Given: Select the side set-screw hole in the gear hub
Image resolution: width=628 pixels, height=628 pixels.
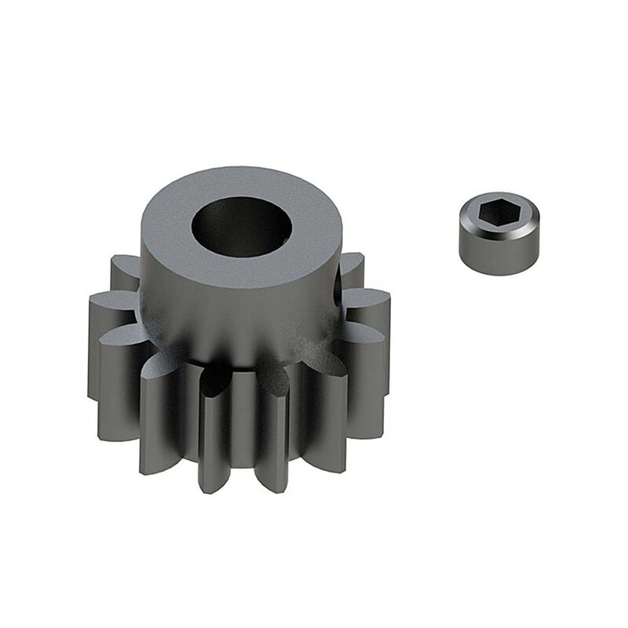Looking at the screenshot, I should pyautogui.click(x=339, y=287).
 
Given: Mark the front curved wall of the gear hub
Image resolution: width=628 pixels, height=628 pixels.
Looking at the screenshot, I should pyautogui.click(x=235, y=306).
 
